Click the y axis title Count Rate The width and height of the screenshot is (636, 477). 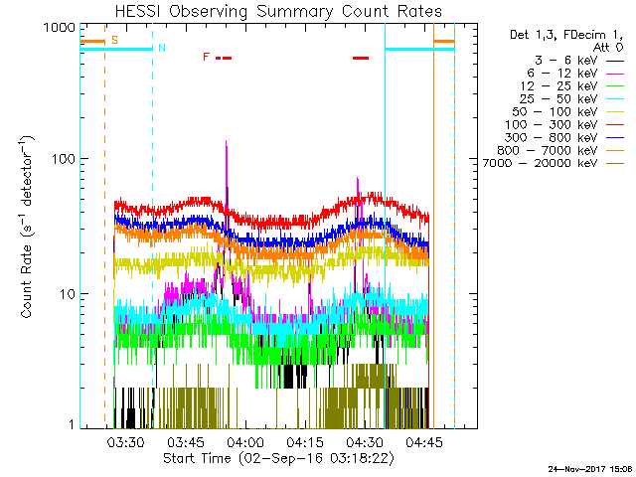[x=29, y=229]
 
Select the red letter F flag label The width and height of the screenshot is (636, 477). [x=206, y=57]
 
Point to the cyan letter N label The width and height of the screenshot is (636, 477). [x=161, y=48]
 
